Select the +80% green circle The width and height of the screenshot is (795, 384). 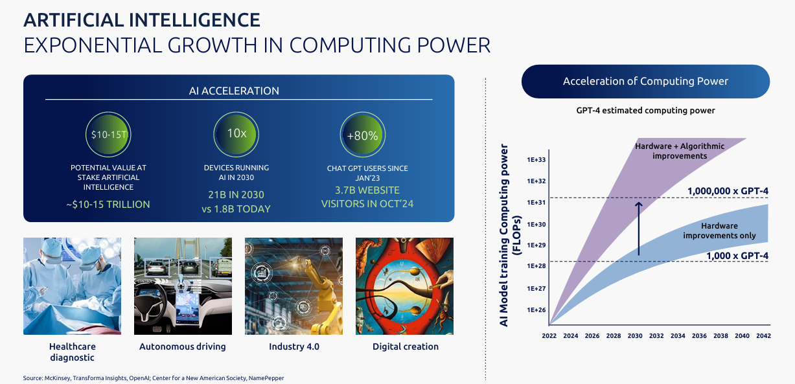362,135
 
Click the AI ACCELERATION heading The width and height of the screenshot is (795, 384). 238,91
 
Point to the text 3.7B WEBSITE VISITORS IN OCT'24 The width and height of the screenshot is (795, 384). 367,197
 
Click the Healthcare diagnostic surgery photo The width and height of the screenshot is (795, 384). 72,286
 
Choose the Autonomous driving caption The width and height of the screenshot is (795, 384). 183,346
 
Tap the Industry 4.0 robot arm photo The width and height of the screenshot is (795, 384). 294,286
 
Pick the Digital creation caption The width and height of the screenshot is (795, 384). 406,346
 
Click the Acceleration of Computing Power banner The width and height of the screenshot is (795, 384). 645,82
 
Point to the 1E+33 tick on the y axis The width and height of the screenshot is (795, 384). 536,160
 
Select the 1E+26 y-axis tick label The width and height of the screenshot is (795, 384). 536,310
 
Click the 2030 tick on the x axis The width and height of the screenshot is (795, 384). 635,336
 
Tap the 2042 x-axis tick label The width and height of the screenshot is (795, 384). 763,336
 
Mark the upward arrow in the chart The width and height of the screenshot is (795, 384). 638,229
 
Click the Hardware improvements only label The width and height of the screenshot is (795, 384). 719,231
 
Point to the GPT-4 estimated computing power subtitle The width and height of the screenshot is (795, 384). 645,111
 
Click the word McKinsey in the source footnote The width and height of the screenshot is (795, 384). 57,378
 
